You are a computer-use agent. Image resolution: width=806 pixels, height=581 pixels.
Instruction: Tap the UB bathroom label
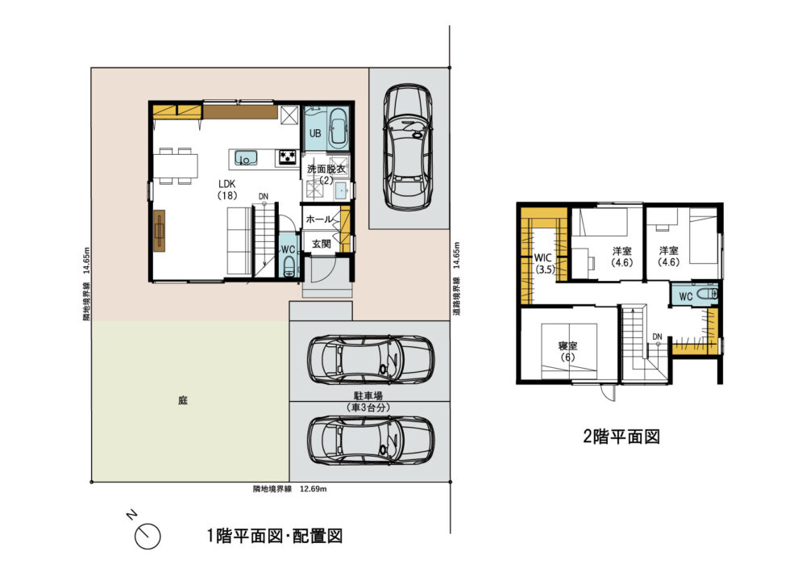pos(315,133)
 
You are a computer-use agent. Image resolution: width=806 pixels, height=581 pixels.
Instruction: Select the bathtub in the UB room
pos(339,127)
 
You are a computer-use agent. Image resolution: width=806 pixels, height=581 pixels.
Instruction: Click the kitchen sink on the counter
pos(246,158)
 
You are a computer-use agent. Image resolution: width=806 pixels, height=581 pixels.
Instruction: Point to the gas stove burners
pos(288,157)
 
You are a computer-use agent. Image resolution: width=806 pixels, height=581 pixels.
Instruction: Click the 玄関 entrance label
pos(322,244)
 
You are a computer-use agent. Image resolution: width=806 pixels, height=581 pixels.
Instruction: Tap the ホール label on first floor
pos(319,219)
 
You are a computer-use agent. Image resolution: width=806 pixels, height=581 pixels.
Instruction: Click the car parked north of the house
pos(408,147)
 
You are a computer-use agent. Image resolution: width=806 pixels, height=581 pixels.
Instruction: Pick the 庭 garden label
pos(182,400)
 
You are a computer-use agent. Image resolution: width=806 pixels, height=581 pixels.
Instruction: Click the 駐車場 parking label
pos(368,396)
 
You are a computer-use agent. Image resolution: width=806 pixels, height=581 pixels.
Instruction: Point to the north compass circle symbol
pos(147,537)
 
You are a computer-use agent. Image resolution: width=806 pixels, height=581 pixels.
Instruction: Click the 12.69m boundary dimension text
pos(313,489)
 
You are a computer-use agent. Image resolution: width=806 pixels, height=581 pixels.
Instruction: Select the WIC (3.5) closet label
pos(544,263)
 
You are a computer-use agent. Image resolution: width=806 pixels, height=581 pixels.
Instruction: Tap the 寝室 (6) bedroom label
pos(567,352)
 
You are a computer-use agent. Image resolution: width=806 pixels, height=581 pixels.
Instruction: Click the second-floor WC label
pos(686,296)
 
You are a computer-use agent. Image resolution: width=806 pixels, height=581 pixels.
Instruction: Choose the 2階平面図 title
pos(621,437)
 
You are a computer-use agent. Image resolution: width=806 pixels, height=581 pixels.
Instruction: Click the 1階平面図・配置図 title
pos(275,537)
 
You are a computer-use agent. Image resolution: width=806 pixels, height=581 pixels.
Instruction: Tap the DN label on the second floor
pos(658,336)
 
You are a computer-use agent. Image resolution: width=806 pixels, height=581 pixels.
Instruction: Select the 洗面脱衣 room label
pos(326,169)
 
